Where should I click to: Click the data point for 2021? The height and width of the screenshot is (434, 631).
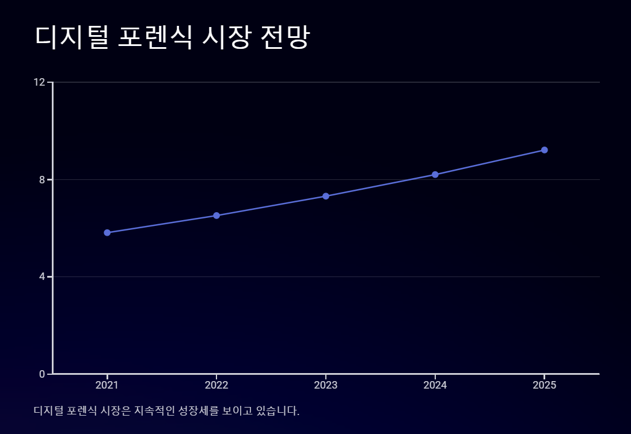pos(107,233)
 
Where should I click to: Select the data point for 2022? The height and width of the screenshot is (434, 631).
pos(216,216)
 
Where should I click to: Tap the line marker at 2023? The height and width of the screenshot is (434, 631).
pos(326,196)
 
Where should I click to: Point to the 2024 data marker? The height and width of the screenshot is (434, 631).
pos(435,175)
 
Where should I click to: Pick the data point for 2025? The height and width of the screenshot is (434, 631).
pos(545,150)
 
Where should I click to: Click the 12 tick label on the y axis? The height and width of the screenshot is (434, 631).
pos(39,82)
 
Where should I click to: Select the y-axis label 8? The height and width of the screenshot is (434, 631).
pos(42,179)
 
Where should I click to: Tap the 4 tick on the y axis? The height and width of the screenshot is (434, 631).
pos(42,276)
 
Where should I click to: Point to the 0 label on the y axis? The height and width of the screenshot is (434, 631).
pos(42,374)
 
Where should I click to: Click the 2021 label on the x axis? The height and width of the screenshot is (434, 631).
pos(107,385)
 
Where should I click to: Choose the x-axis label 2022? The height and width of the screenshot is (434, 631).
pos(216,385)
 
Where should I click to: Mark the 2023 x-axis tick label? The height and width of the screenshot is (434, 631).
pos(326,385)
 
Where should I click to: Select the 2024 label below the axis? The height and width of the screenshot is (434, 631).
pos(435,385)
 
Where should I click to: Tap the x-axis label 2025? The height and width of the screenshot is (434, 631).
pos(545,385)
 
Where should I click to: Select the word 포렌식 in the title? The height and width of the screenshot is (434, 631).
pos(155,37)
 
